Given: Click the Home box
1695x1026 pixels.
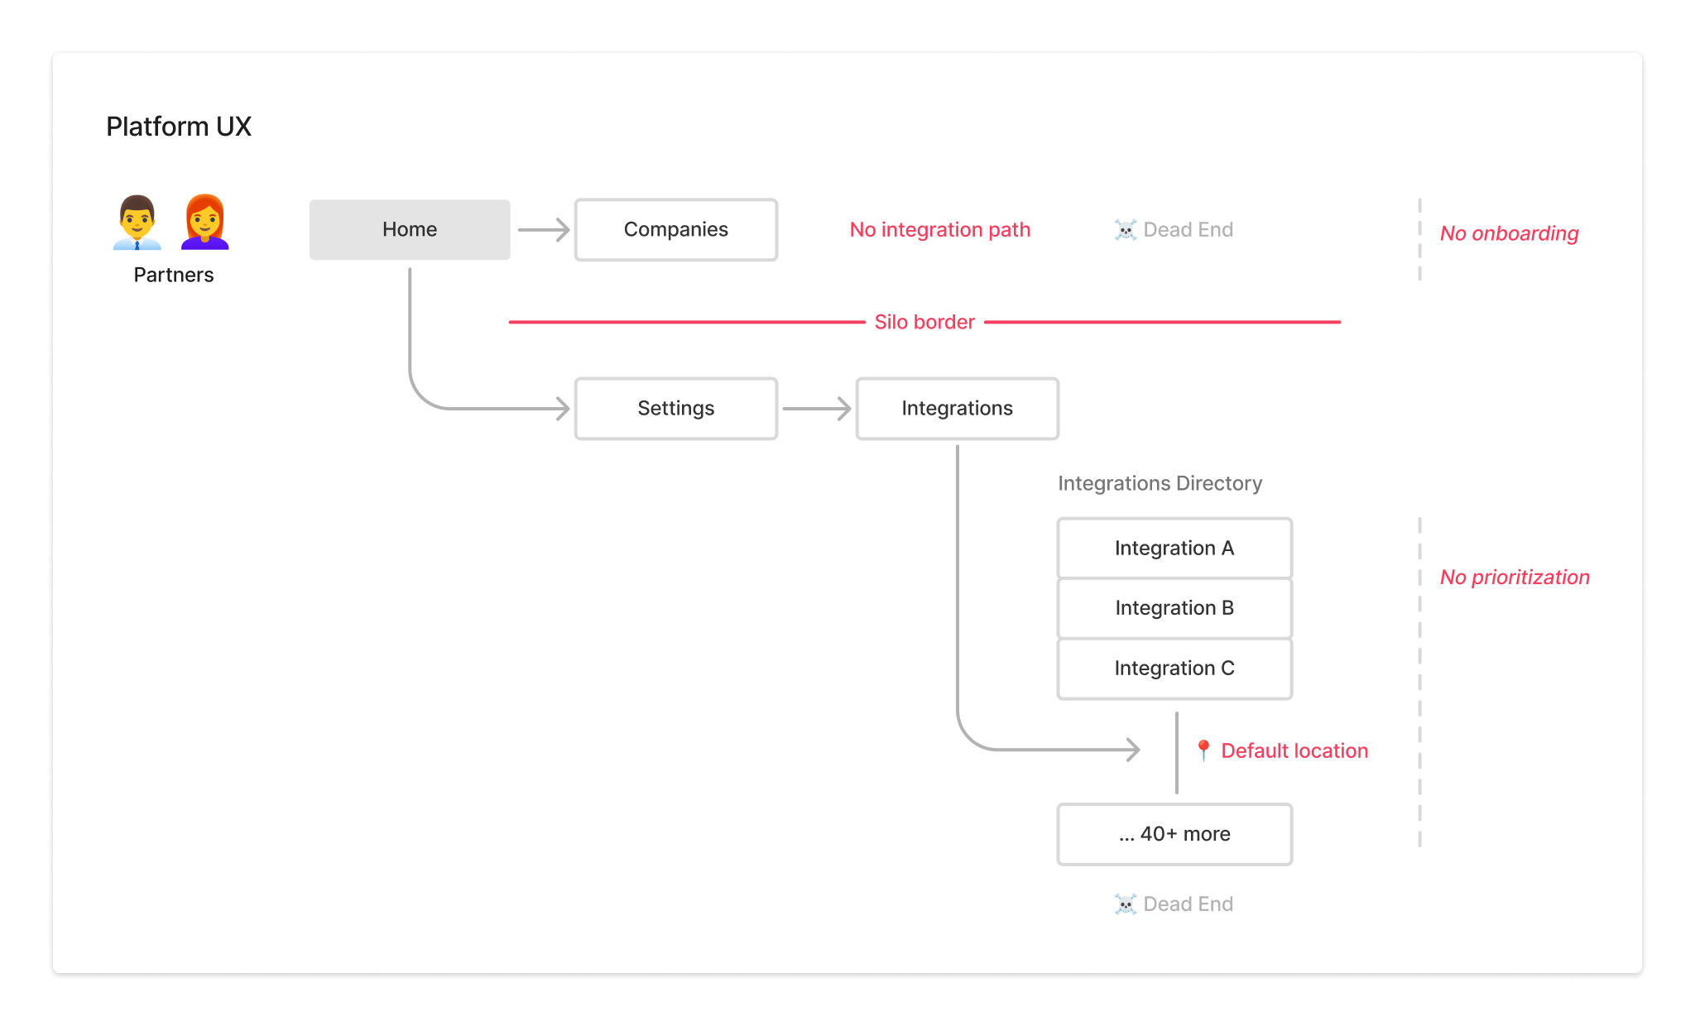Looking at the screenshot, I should click(x=410, y=229).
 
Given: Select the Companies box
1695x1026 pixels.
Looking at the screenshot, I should click(x=676, y=229).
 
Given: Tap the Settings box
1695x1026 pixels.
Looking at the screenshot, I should click(x=676, y=408).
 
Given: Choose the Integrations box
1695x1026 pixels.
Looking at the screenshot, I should click(x=957, y=408).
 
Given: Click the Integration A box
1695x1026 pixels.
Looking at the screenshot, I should click(x=1174, y=548).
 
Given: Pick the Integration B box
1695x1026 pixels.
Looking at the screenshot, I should click(x=1174, y=608).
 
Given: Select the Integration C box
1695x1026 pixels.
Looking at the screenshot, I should click(x=1174, y=668).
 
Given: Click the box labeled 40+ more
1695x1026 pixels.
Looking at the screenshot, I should click(x=1174, y=834).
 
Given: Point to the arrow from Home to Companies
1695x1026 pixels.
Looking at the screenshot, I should click(x=544, y=229).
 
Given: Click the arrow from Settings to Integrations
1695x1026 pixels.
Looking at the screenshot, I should click(x=816, y=408).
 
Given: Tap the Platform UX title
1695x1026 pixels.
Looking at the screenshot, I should click(x=179, y=127).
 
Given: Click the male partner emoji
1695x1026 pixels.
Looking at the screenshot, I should click(x=137, y=222).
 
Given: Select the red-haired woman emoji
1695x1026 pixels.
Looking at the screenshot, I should click(x=204, y=222).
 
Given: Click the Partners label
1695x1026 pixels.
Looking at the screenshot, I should click(x=174, y=275).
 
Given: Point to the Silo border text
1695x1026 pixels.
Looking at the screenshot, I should click(x=924, y=322).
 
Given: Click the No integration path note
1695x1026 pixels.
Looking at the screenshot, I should click(x=940, y=229).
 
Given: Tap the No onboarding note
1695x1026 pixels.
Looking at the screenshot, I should click(x=1509, y=233).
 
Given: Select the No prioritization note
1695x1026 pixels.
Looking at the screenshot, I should click(x=1515, y=577).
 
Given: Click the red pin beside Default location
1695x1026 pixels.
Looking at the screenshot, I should click(x=1203, y=750).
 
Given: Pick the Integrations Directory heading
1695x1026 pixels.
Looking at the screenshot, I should click(x=1160, y=483).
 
